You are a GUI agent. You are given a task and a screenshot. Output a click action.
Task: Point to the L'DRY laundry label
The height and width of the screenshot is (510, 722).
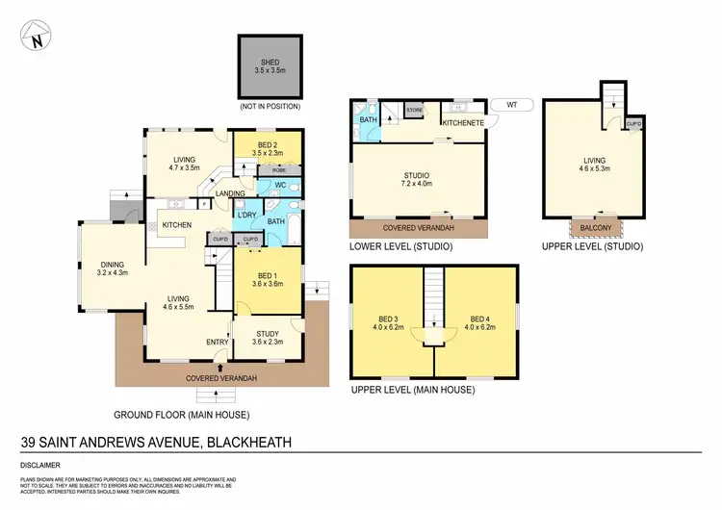[246, 214]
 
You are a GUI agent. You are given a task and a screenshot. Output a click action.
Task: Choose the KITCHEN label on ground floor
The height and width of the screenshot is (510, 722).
[177, 225]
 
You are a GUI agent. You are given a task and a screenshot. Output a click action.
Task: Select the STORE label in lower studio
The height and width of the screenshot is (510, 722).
[415, 111]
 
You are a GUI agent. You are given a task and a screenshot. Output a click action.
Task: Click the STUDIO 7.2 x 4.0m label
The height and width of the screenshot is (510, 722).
[417, 178]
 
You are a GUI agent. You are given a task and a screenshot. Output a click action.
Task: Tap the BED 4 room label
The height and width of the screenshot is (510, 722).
[480, 323]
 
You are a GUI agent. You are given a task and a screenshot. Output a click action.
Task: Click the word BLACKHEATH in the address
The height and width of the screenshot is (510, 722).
[246, 443]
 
